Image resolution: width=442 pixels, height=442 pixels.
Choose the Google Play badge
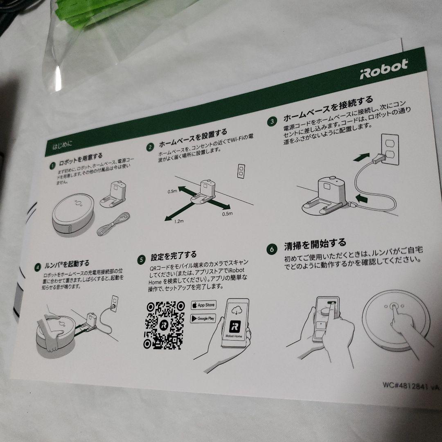[x=203, y=318]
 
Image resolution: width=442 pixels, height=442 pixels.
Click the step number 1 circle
[x=52, y=166]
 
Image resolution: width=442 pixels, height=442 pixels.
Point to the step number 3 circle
[x=272, y=122]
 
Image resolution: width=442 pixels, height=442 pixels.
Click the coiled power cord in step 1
[x=113, y=227]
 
